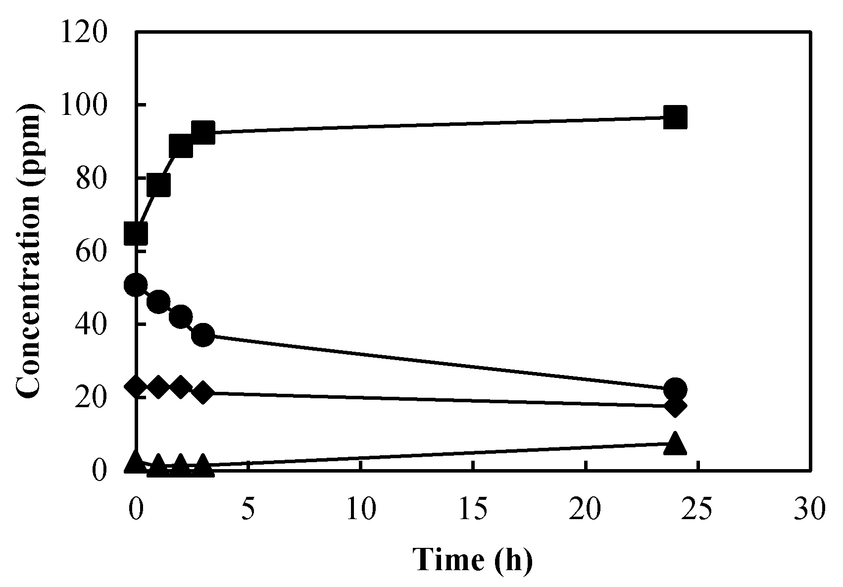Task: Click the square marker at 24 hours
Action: [x=675, y=117]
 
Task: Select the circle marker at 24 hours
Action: [x=675, y=389]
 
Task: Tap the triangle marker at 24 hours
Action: [x=675, y=443]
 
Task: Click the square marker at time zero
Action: [x=136, y=233]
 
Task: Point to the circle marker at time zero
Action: [x=136, y=285]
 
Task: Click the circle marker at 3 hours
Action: [x=203, y=335]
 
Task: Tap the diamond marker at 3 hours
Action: [x=203, y=392]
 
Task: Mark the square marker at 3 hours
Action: [x=203, y=132]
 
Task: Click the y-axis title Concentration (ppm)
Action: [x=28, y=250]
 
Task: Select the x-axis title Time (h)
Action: [x=473, y=560]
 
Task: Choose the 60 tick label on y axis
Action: [x=91, y=252]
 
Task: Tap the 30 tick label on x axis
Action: [x=810, y=509]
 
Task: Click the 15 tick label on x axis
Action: [x=473, y=509]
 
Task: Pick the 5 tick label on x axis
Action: [x=248, y=509]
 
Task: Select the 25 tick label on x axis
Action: [x=697, y=509]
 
